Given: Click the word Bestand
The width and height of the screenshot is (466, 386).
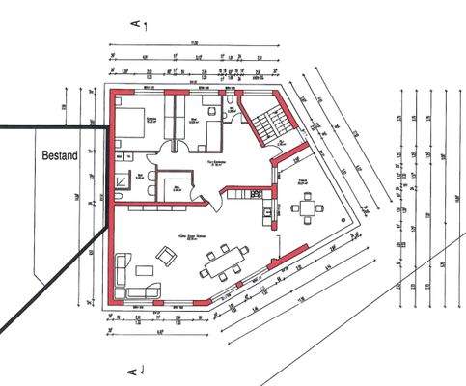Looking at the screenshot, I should pyautogui.click(x=60, y=153).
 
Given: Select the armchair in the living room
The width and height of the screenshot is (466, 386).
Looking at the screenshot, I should pyautogui.click(x=166, y=256).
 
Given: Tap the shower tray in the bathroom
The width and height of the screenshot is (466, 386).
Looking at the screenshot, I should pyautogui.click(x=122, y=180).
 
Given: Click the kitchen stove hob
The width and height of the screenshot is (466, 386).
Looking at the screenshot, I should pyautogui.click(x=257, y=193).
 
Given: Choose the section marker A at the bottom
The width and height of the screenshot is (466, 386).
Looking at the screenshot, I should pyautogui.click(x=134, y=369).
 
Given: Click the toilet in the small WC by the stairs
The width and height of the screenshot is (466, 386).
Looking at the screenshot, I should pyautogui.click(x=233, y=102).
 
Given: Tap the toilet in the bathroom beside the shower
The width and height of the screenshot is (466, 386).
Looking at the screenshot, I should pyautogui.click(x=117, y=196).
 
